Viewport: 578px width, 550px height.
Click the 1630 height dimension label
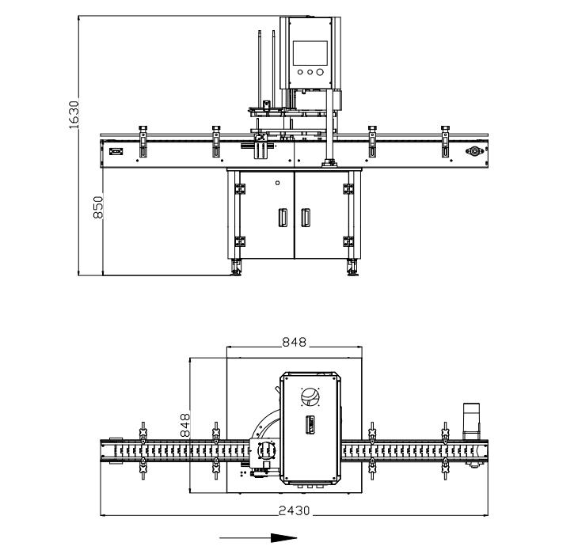pyautogui.click(x=74, y=114)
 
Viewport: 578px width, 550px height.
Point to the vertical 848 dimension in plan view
pyautogui.click(x=184, y=425)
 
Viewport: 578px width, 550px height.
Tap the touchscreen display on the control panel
pyautogui.click(x=309, y=52)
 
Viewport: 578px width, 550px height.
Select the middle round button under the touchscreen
pyautogui.click(x=309, y=72)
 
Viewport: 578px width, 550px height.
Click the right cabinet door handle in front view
pyautogui.click(x=306, y=218)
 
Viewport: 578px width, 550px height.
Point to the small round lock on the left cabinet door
pyautogui.click(x=277, y=182)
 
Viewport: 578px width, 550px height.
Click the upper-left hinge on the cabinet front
pyautogui.click(x=238, y=188)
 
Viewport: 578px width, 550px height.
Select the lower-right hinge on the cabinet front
pyautogui.click(x=348, y=241)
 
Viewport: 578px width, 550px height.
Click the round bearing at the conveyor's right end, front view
pyautogui.click(x=475, y=151)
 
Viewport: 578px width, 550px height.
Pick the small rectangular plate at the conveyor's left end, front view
pyautogui.click(x=116, y=150)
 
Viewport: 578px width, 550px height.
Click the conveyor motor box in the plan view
pyautogui.click(x=472, y=419)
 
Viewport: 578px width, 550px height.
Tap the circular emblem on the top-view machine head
pyautogui.click(x=310, y=396)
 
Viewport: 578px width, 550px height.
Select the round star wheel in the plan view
pyautogui.click(x=264, y=450)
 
